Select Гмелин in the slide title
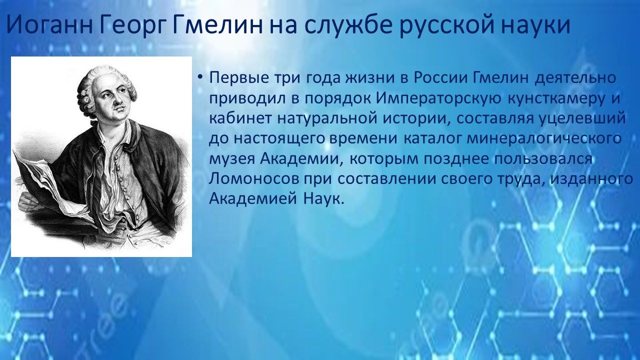[217, 25]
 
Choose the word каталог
[431, 139]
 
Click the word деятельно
[575, 77]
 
